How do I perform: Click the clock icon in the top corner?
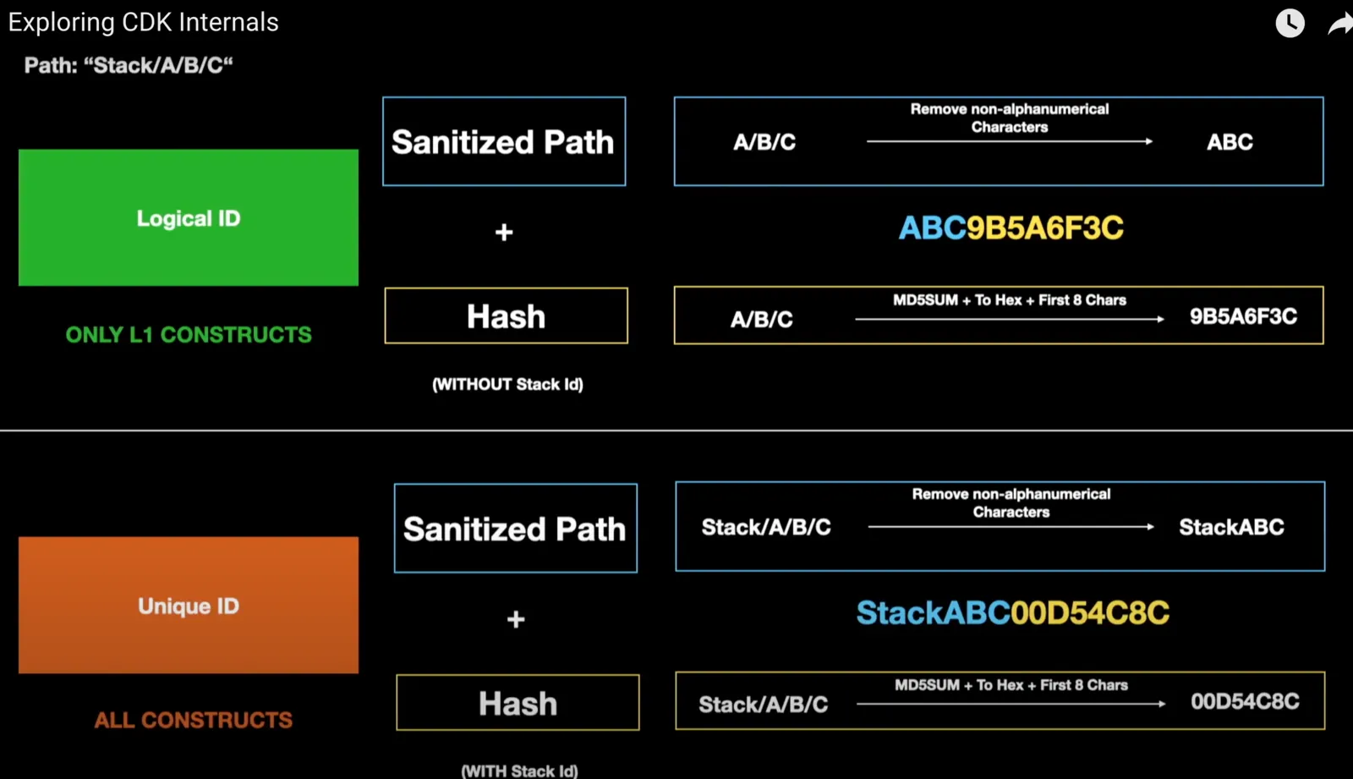click(1290, 23)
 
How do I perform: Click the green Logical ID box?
click(189, 217)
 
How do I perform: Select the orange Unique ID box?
click(189, 605)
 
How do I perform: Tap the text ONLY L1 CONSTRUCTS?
click(189, 335)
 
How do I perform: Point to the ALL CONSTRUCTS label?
click(194, 720)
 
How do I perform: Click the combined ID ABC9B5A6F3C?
click(1011, 228)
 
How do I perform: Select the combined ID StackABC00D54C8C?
click(1013, 613)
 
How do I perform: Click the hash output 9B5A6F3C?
click(1243, 316)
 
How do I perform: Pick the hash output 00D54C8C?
click(1245, 702)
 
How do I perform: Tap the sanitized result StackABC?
click(1231, 527)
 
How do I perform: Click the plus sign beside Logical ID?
click(504, 232)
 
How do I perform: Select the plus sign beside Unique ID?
click(515, 619)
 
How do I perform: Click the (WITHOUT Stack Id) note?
click(508, 384)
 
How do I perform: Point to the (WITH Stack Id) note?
click(519, 771)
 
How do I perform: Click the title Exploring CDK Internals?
click(143, 22)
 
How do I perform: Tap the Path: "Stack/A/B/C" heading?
click(129, 65)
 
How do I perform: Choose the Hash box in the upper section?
click(507, 315)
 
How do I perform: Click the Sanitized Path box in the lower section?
click(515, 528)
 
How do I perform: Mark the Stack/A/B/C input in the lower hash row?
click(764, 705)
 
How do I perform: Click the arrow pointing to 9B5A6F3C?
click(1010, 319)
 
